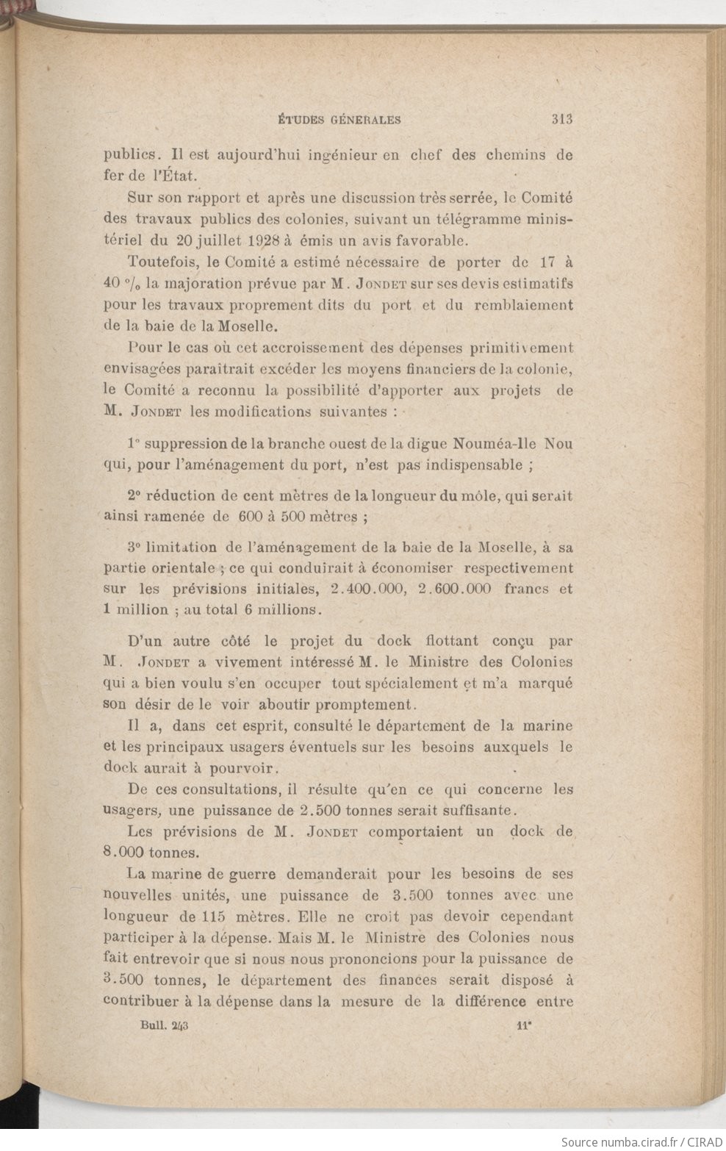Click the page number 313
click(560, 120)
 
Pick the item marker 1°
click(133, 444)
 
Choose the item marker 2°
click(134, 496)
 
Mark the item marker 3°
click(133, 548)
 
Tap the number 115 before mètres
click(213, 917)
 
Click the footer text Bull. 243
click(165, 1028)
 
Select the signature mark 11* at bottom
click(524, 1028)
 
